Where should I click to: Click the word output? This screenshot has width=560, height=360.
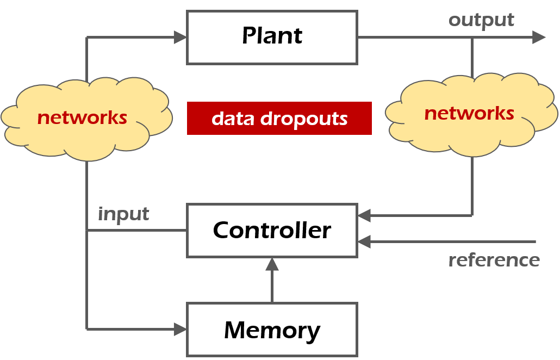point(481,21)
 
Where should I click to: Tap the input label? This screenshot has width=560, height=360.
point(123,214)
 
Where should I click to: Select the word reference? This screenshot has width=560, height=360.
point(494,260)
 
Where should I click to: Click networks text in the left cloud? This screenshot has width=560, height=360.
point(82,117)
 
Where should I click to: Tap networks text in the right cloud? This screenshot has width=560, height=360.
point(469,113)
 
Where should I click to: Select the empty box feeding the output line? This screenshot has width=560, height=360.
point(272,38)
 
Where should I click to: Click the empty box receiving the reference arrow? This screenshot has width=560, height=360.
point(272,231)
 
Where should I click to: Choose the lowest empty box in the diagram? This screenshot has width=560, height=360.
point(272,329)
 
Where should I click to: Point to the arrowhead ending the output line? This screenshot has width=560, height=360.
point(538,37)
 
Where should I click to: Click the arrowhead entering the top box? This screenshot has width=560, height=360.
point(180,37)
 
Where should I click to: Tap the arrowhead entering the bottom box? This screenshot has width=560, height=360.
point(180,329)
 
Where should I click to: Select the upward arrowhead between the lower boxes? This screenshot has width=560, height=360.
point(272,265)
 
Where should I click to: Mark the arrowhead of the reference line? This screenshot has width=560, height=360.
point(364,241)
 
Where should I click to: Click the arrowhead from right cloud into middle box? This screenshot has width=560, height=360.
point(364,216)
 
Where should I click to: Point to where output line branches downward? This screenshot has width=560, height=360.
point(472,37)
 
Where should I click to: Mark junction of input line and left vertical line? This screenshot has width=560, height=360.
point(87,231)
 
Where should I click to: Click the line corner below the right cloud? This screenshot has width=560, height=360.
point(472,216)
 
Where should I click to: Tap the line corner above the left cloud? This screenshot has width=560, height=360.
point(87,37)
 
